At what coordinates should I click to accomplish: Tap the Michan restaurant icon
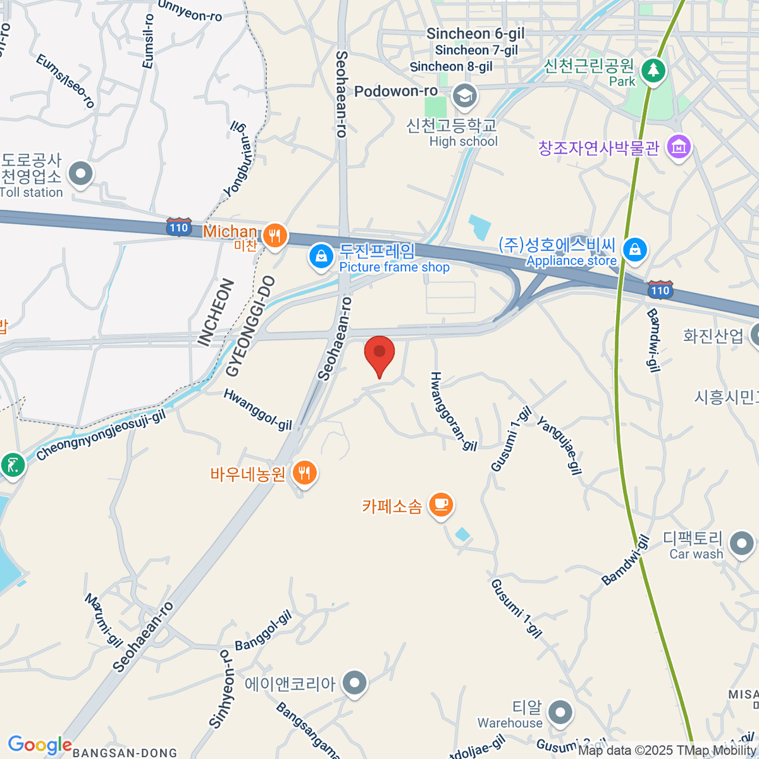tap(275, 236)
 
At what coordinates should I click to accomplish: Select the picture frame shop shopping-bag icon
tap(321, 257)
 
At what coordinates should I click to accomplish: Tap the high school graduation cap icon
tap(466, 96)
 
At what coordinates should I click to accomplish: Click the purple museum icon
tap(679, 147)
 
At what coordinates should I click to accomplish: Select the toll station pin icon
tap(81, 173)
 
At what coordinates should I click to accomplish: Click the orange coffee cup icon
tap(441, 504)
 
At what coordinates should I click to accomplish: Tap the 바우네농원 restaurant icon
tap(305, 472)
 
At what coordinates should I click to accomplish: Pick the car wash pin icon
tap(741, 543)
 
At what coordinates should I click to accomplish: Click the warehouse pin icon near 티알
tap(560, 712)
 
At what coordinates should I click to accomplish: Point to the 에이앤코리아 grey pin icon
tap(354, 683)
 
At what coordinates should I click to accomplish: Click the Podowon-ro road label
tap(396, 92)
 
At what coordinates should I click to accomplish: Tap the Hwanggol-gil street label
tap(258, 410)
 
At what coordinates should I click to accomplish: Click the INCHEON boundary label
tap(216, 312)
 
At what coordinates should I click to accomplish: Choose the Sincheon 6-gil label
tap(476, 34)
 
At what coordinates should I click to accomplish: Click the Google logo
tap(39, 745)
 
